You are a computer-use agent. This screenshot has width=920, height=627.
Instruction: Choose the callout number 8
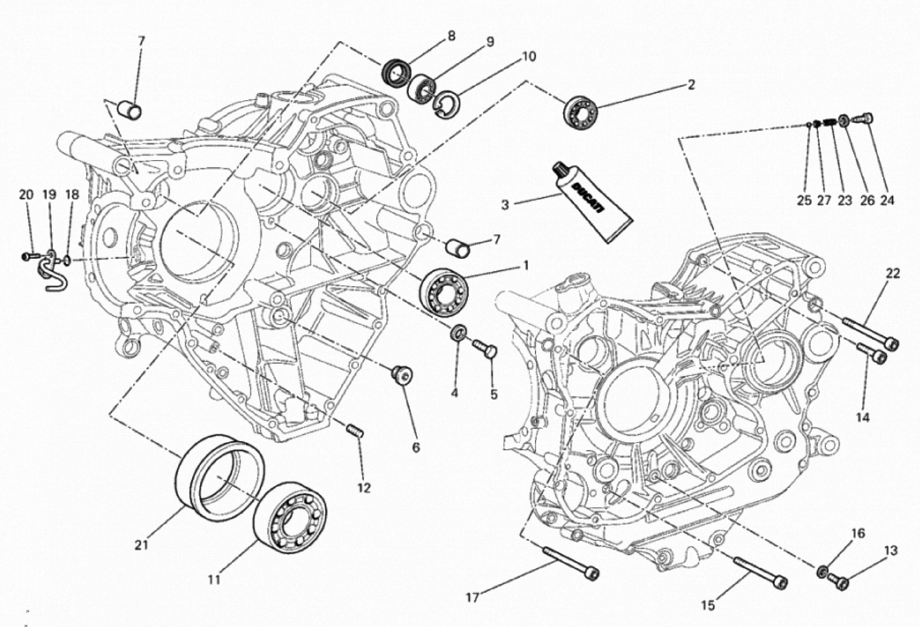451,36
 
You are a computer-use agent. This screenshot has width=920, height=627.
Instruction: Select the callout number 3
505,205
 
